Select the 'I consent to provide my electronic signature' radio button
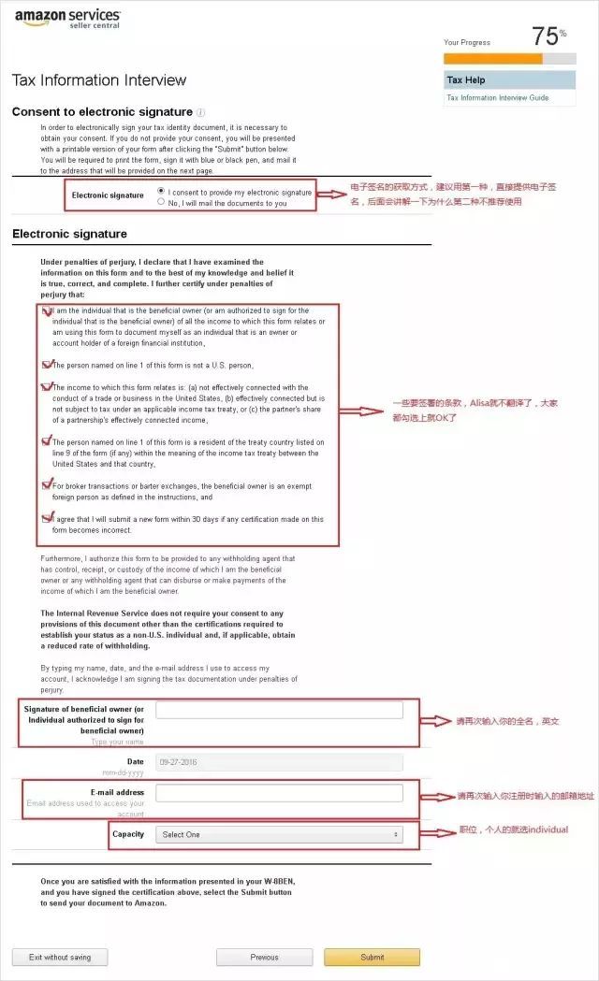coord(161,191)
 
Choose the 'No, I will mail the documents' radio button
coord(161,201)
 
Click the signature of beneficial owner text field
coord(279,710)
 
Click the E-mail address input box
coord(279,793)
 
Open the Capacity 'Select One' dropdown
coord(279,833)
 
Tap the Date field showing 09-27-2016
coord(279,761)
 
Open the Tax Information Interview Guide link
coord(497,97)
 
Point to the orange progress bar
coord(492,58)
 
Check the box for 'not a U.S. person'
coord(47,364)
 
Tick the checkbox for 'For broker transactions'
coord(47,484)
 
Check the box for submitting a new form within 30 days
coord(47,517)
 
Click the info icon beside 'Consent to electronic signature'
coord(201,112)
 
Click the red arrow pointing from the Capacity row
coord(437,830)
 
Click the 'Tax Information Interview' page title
coord(99,80)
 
